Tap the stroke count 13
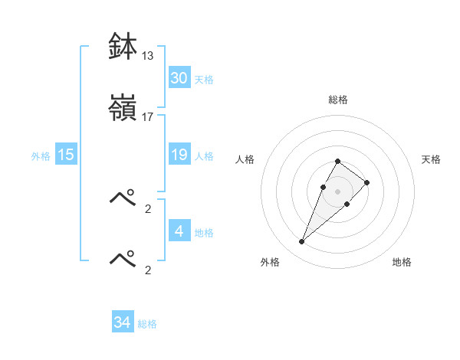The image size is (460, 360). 147,56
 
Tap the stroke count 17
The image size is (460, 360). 147,117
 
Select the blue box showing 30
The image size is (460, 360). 179,78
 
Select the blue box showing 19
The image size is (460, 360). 179,155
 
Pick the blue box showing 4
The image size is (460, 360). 179,231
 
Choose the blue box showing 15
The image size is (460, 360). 66,155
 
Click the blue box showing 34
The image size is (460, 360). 123,322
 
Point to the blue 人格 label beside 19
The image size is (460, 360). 204,156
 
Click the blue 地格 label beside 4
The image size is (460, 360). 204,233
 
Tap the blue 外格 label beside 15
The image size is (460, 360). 41,156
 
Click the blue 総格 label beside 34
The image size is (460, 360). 147,324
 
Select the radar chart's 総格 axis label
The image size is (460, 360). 338,100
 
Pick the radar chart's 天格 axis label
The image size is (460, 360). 432,159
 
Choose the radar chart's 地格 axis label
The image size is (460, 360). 402,263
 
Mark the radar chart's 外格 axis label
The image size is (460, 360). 270,263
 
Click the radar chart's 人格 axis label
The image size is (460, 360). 245,159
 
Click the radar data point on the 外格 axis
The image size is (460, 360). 301,242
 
